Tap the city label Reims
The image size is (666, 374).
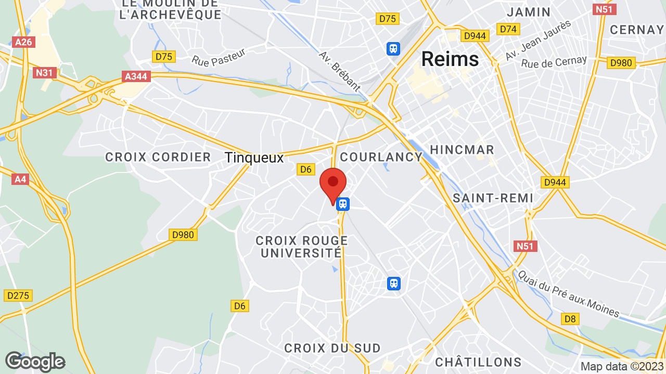450,59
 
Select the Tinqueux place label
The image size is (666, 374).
254,157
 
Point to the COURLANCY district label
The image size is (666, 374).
381,157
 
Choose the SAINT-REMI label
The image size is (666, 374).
493,198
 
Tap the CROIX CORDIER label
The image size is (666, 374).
158,157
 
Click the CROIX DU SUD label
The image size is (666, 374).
332,348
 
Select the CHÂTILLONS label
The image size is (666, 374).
478,362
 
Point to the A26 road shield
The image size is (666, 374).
24,42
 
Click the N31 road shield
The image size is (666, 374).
45,73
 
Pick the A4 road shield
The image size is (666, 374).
20,179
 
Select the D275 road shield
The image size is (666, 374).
19,296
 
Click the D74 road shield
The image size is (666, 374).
507,29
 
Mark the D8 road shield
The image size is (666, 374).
570,318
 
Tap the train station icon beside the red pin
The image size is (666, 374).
342,204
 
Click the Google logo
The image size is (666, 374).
35,362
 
